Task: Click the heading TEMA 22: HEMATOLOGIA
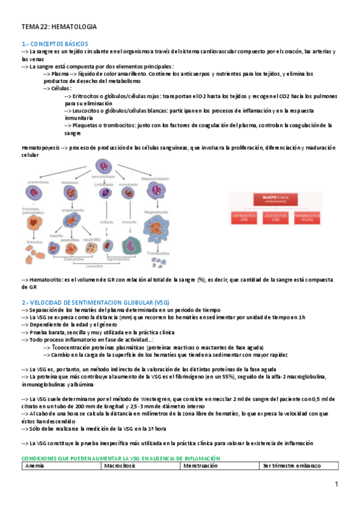click(59, 27)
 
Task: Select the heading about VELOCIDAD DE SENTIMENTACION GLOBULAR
click(96, 302)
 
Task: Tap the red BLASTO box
click(277, 198)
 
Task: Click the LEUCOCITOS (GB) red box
click(277, 217)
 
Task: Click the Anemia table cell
click(37, 465)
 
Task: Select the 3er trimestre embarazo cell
click(291, 465)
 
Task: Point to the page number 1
click(337, 484)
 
